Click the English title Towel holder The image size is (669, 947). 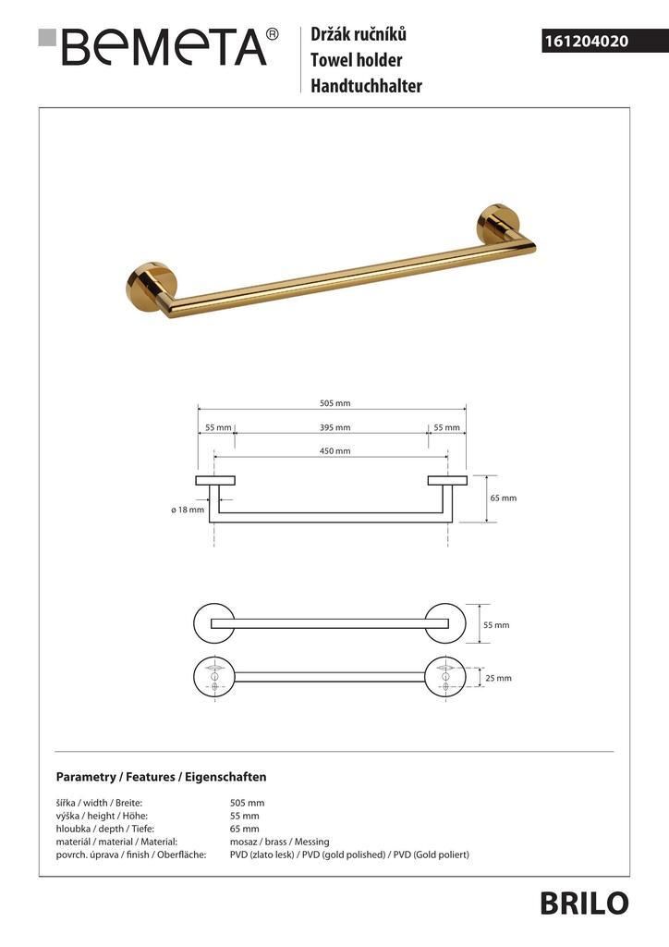click(356, 61)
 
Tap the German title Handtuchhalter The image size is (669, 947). click(366, 86)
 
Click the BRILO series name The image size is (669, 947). click(584, 903)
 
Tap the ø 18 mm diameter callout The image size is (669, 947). click(188, 510)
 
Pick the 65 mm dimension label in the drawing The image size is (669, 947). click(504, 498)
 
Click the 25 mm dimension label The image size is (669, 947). click(498, 678)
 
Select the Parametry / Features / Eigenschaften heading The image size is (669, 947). click(161, 777)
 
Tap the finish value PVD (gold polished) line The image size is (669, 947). click(349, 855)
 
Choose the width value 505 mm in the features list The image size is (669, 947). click(247, 803)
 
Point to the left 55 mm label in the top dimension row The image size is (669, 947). click(218, 427)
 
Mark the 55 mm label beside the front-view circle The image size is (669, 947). click(496, 625)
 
